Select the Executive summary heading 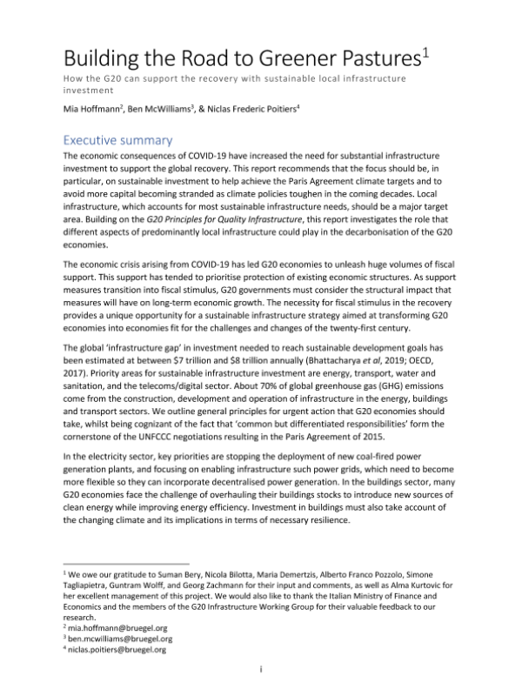click(118, 139)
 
